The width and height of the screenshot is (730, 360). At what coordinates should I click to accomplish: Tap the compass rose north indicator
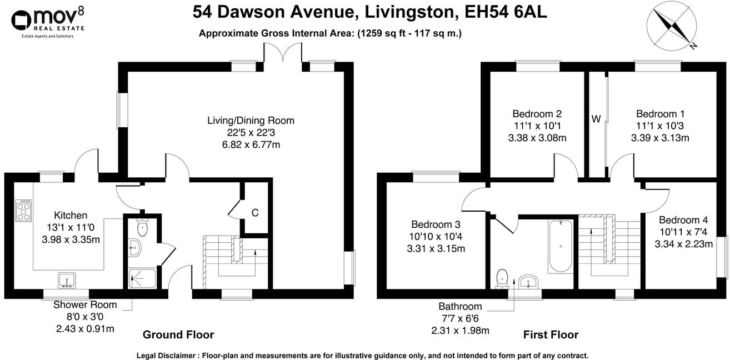coord(673,26)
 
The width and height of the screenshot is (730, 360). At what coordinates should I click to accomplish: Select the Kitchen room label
coord(71,216)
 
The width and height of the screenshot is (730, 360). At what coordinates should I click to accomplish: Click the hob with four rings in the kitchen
coord(25,211)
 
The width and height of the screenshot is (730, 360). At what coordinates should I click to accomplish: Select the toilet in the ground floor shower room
coord(143,227)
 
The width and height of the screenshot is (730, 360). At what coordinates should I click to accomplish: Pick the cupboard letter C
coord(255,213)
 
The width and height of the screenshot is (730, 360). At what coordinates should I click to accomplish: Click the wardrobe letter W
coord(596,118)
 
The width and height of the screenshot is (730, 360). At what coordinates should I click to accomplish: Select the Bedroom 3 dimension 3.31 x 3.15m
coord(436,248)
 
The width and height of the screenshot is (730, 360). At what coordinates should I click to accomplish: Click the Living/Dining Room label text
coord(251,121)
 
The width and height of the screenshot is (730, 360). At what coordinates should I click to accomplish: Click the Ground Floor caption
coord(178,334)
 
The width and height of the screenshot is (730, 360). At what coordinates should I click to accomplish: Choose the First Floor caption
coord(551,334)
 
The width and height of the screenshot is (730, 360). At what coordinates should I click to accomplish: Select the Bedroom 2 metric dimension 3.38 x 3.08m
coord(538,138)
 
